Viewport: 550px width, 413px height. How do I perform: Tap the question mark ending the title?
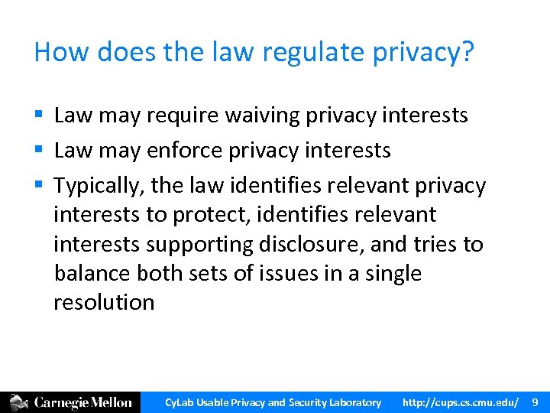[x=468, y=52]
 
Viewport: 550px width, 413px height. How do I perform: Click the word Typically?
[x=99, y=186]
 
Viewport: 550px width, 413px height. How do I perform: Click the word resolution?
[x=104, y=302]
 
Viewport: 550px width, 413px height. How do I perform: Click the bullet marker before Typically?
[x=38, y=186]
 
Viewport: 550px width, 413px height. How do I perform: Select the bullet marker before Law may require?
[x=38, y=115]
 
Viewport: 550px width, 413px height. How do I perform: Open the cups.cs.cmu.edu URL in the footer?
[x=461, y=402]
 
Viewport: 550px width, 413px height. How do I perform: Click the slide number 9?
[x=535, y=402]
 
